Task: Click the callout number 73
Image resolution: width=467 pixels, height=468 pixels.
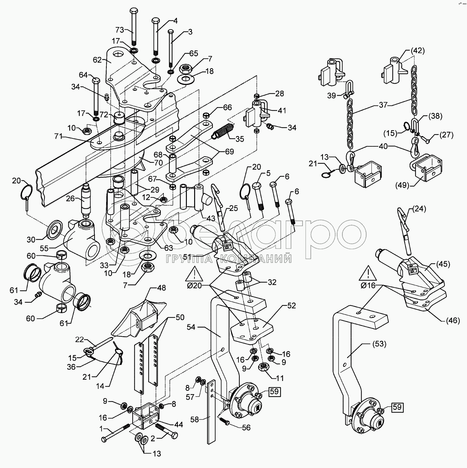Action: coord(120,30)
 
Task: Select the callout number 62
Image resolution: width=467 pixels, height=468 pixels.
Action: coord(98,60)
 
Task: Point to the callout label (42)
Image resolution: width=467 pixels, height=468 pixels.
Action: coord(418,51)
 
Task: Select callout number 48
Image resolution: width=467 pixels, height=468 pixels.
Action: coord(161,287)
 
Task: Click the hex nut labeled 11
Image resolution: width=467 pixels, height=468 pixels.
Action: coord(264,366)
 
